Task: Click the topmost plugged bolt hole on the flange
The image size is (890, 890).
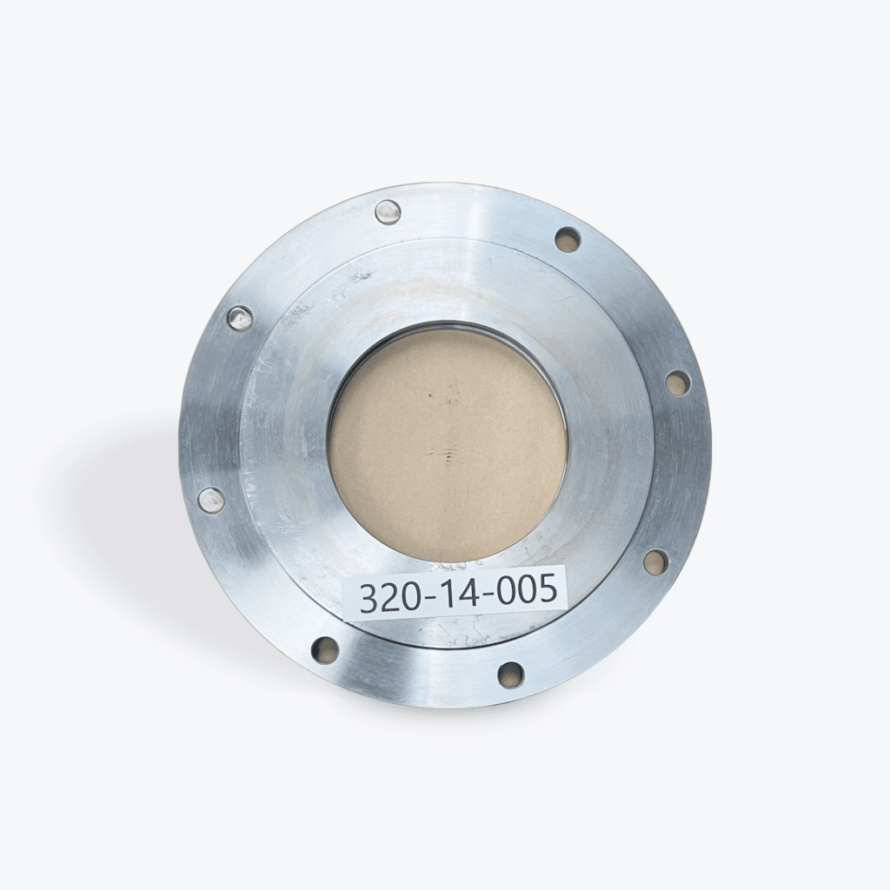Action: click(x=388, y=211)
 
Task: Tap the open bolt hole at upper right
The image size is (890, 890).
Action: click(x=568, y=239)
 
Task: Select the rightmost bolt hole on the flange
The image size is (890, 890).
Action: click(x=677, y=382)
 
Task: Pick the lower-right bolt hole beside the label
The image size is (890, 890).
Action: click(x=656, y=561)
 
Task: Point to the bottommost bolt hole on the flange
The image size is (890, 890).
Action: click(x=511, y=674)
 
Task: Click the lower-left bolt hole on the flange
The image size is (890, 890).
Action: click(x=325, y=648)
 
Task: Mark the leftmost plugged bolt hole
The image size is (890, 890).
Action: click(x=211, y=500)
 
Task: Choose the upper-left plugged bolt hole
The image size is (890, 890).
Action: click(x=240, y=318)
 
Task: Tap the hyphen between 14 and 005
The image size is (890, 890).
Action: click(x=485, y=594)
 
